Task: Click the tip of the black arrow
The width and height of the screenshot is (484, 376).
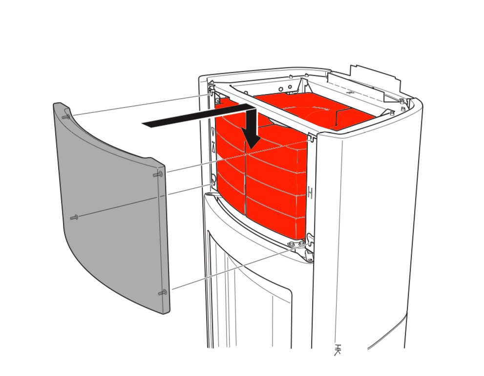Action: pyautogui.click(x=253, y=148)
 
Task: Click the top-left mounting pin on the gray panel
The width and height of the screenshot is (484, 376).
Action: pyautogui.click(x=66, y=117)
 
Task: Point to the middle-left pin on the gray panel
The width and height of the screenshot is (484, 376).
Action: pyautogui.click(x=74, y=217)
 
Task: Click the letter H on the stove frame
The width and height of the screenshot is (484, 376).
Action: pyautogui.click(x=310, y=192)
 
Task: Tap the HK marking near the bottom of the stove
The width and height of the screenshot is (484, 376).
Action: pyautogui.click(x=337, y=349)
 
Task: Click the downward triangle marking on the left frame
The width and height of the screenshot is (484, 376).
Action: pyautogui.click(x=213, y=132)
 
